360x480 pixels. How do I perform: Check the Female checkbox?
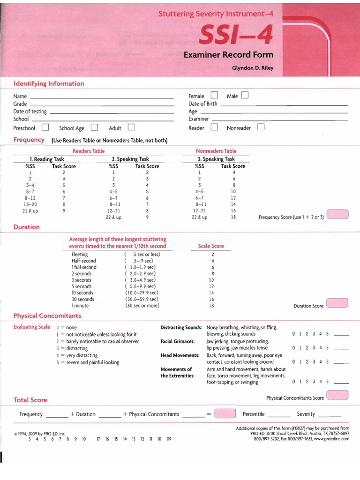(214, 96)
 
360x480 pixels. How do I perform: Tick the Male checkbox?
(245, 96)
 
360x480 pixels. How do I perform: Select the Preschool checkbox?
(45, 127)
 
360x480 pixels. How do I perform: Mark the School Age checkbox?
(95, 127)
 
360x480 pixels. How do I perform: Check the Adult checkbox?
(131, 127)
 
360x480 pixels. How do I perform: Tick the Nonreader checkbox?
(261, 127)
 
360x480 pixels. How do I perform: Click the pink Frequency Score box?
(337, 215)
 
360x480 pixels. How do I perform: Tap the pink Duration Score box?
(337, 303)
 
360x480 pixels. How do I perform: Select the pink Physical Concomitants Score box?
(337, 396)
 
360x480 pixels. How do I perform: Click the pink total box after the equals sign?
(225, 413)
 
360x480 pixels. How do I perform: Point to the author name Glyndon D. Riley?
(253, 68)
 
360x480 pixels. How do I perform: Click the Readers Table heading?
(89, 151)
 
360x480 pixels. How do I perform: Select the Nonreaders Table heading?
(216, 151)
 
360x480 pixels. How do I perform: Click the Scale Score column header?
(211, 246)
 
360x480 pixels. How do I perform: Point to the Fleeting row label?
(79, 255)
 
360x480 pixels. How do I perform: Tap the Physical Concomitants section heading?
(47, 315)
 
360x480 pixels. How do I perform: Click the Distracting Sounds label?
(181, 327)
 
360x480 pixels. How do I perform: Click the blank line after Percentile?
(279, 415)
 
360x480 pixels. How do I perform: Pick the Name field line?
(101, 97)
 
